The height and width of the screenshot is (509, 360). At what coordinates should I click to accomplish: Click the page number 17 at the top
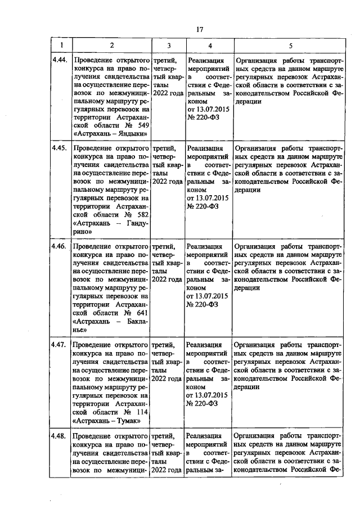(x=199, y=30)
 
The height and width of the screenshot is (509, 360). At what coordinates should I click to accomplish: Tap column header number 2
(x=111, y=45)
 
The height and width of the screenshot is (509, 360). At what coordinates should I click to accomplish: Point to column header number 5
(x=290, y=45)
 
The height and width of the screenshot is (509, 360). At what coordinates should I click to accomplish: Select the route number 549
(x=141, y=124)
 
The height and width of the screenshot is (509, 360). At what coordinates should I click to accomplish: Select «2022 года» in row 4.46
(x=167, y=279)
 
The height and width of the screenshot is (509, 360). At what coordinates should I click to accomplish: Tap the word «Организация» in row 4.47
(x=256, y=344)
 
